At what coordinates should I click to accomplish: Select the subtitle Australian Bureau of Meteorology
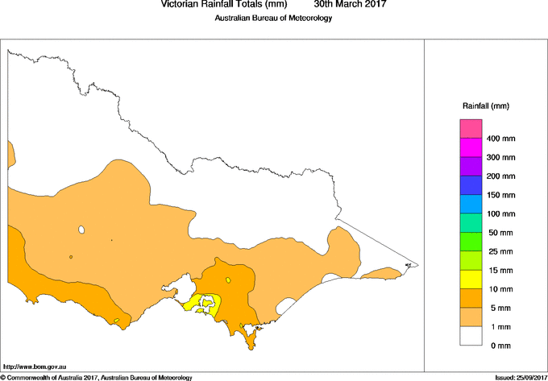coord(273,19)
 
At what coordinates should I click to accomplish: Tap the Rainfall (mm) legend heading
coord(486,106)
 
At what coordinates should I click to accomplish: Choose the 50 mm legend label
coord(499,233)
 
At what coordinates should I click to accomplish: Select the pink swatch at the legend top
coord(471,129)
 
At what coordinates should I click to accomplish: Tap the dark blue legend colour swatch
coord(471,185)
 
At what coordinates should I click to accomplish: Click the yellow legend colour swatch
coord(471,280)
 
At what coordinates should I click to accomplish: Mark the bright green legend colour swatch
coord(471,242)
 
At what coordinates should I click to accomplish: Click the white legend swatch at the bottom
coord(471,336)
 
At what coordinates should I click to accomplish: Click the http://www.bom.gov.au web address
coord(32,367)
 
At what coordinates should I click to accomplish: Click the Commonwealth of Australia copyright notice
coord(96,377)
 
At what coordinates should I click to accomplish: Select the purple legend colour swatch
coord(471,167)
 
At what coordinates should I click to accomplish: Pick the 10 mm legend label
coord(499,289)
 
